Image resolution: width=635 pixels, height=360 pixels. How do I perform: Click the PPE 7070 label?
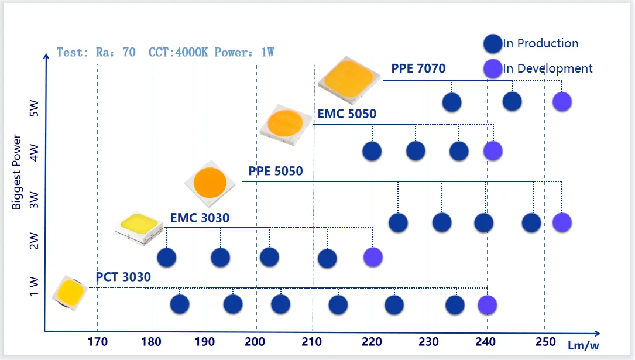418,68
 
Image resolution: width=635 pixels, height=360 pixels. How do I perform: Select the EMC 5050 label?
346,114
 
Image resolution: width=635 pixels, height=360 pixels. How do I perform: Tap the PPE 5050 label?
276,172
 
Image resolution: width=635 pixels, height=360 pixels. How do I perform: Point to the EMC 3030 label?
200,218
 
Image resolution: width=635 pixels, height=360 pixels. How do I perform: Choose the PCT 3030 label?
123,277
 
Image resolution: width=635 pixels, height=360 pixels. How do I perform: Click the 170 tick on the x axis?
97,342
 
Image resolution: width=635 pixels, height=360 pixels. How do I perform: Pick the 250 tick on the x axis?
545,342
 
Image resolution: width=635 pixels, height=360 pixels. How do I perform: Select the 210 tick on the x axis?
313,342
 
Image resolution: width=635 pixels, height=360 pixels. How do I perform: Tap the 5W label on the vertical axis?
33,108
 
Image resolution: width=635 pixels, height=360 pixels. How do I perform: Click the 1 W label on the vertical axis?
33,287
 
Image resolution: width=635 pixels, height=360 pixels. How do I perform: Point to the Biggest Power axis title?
18,173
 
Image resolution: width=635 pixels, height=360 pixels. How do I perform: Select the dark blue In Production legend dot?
493,43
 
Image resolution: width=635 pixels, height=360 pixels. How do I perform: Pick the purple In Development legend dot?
493,68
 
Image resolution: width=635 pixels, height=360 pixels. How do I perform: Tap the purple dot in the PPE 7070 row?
562,102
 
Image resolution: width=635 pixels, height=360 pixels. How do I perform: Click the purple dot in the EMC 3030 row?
373,256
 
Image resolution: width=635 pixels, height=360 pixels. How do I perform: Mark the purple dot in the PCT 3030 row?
487,304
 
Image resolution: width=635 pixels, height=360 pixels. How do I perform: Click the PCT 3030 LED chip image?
70,292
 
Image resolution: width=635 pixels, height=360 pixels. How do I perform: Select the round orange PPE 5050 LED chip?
210,182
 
